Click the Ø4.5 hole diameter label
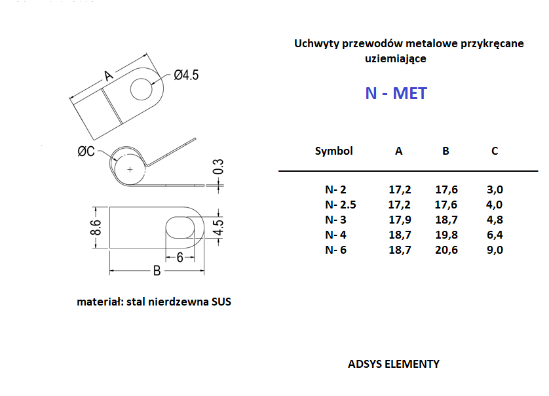pyautogui.click(x=186, y=75)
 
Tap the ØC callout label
pyautogui.click(x=86, y=151)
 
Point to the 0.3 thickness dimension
pyautogui.click(x=218, y=167)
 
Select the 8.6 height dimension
pyautogui.click(x=96, y=228)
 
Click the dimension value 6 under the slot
pyautogui.click(x=180, y=258)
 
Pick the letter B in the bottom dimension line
pyautogui.click(x=157, y=271)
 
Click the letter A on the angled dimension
pyautogui.click(x=109, y=75)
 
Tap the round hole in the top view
pyautogui.click(x=142, y=89)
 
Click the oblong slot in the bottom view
pyautogui.click(x=180, y=228)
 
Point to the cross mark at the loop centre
pyautogui.click(x=130, y=170)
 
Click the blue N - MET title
pyautogui.click(x=396, y=93)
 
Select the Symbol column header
pyautogui.click(x=333, y=151)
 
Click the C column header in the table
pyautogui.click(x=495, y=151)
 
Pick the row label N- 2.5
pyautogui.click(x=340, y=205)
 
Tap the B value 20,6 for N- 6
pyautogui.click(x=446, y=250)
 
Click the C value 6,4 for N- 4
pyautogui.click(x=495, y=235)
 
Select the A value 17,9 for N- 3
pyautogui.click(x=400, y=220)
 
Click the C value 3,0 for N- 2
pyautogui.click(x=495, y=189)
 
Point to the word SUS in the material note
pyautogui.click(x=221, y=302)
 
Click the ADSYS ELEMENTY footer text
pyautogui.click(x=394, y=364)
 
